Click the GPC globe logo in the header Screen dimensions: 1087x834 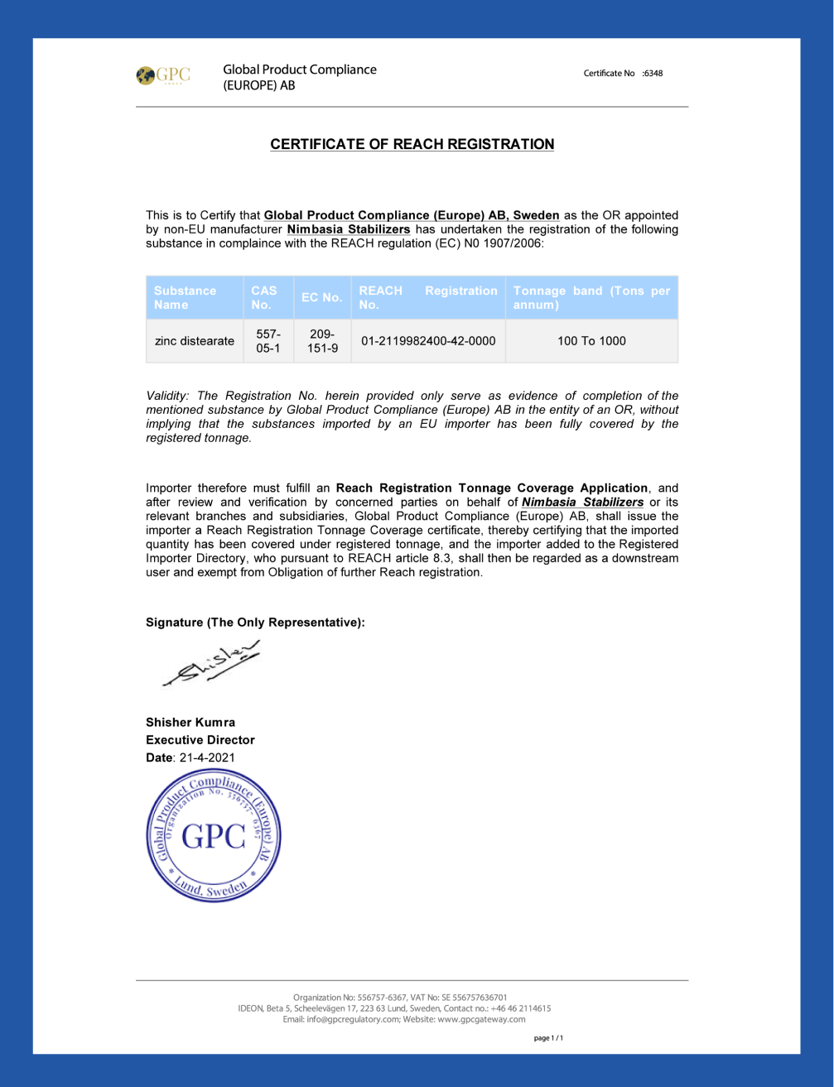tap(147, 75)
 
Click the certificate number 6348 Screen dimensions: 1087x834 tap(653, 74)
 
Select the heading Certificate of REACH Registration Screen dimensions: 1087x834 tap(412, 144)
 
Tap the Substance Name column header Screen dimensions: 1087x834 tap(185, 298)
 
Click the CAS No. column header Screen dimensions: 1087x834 tap(263, 298)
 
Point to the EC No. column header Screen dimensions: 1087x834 tap(321, 298)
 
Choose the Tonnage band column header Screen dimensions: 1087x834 tap(591, 298)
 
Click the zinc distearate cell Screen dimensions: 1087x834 tap(195, 341)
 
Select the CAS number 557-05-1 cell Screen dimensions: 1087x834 tap(268, 341)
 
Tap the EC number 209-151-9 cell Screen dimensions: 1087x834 tap(322, 341)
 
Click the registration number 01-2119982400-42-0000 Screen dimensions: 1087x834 tap(428, 341)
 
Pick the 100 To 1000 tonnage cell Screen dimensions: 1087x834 tap(591, 341)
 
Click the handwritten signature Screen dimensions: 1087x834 tap(212, 664)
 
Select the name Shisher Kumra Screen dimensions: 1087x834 tap(190, 723)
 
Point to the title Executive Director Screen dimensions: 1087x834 tap(200, 740)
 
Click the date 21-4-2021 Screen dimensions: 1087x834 tap(207, 758)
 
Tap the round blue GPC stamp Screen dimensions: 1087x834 tap(214, 835)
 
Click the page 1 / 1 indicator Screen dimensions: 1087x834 tap(548, 1038)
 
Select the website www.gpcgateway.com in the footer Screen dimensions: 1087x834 tap(481, 1019)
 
